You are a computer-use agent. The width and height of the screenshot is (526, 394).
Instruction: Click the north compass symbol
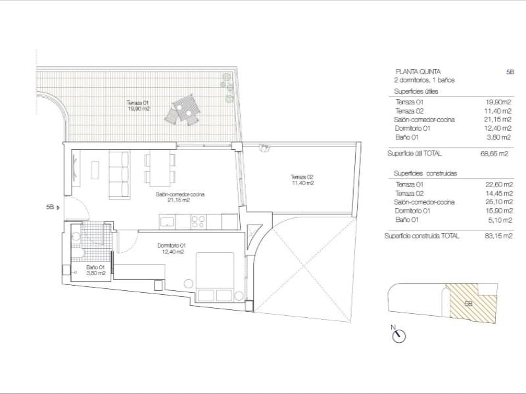coord(398,336)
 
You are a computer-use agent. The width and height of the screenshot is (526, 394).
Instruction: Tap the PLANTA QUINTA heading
coord(418,70)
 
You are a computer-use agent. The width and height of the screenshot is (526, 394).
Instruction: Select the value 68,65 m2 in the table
coord(495,154)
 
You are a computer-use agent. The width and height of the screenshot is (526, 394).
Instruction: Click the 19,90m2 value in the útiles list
coord(498,102)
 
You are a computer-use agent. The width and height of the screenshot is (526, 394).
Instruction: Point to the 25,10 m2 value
coord(498,202)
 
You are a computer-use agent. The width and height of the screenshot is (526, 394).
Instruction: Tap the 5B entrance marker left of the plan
coord(52,208)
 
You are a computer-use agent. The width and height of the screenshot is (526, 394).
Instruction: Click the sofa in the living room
coord(120,172)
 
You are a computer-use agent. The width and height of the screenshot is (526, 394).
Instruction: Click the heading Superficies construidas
coord(425,173)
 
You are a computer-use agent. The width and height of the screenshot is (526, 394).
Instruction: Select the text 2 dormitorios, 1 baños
coord(425,79)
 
